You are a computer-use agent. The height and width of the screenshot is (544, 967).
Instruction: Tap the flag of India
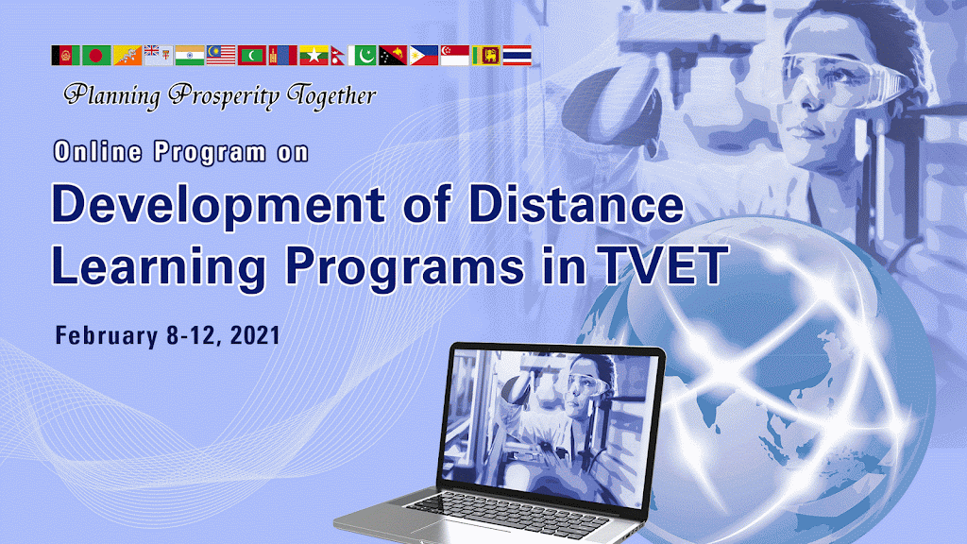pos(189,56)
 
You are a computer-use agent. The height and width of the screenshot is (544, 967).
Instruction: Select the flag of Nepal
pos(337,56)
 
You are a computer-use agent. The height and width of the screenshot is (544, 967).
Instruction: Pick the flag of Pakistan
pos(362,56)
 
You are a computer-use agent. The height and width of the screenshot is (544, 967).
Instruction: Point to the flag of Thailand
pos(517,56)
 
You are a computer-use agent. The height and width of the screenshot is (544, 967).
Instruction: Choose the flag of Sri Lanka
pos(486,56)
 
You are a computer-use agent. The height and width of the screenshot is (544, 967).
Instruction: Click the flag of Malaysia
pos(221,56)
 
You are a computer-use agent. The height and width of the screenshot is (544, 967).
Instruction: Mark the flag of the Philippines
pos(424,56)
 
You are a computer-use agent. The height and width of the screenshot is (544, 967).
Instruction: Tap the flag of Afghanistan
pos(66,56)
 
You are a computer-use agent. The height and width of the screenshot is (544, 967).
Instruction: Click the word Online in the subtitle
pos(98,152)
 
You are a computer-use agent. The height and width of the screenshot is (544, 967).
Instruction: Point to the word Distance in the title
pos(576,204)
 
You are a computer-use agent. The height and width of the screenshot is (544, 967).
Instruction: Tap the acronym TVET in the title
pos(665,265)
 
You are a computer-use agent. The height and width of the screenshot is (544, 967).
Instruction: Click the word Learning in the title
pos(159,268)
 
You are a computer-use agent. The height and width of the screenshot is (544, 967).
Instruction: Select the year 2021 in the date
pos(255,335)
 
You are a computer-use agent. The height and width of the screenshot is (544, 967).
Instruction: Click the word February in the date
pos(107,336)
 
